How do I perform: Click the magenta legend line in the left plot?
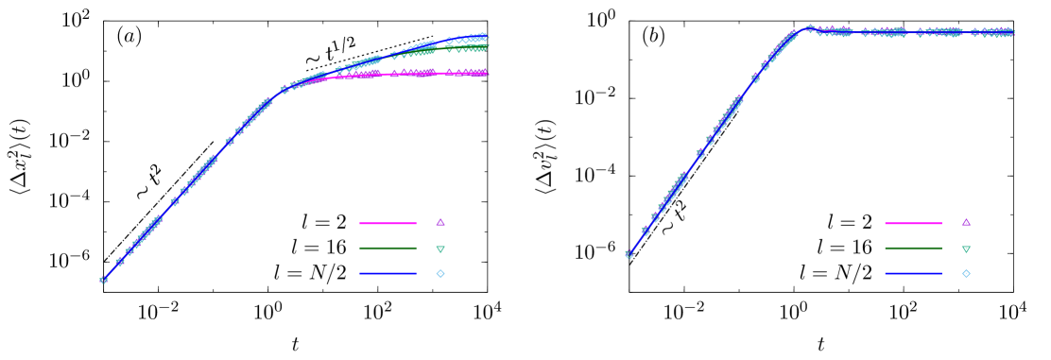pos(388,224)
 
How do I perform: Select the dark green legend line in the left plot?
pos(388,249)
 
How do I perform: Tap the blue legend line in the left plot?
pos(388,274)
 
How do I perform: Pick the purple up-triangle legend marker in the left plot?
pos(440,223)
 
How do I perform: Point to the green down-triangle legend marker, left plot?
pos(440,249)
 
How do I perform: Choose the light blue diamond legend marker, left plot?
pos(440,274)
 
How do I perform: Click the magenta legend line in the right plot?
pos(913,224)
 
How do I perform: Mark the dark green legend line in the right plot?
pos(913,249)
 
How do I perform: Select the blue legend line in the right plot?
pos(913,274)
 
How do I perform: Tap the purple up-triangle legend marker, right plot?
pos(966,223)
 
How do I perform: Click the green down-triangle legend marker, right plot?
pos(966,249)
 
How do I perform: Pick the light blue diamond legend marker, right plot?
pos(966,274)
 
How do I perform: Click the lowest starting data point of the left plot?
pos(104,280)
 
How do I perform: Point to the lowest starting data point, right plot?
pos(629,254)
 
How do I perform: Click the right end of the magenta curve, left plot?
pos(487,73)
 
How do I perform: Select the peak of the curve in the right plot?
pos(809,28)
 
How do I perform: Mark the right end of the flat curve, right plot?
pos(1012,33)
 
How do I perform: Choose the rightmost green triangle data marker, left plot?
pos(484,45)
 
